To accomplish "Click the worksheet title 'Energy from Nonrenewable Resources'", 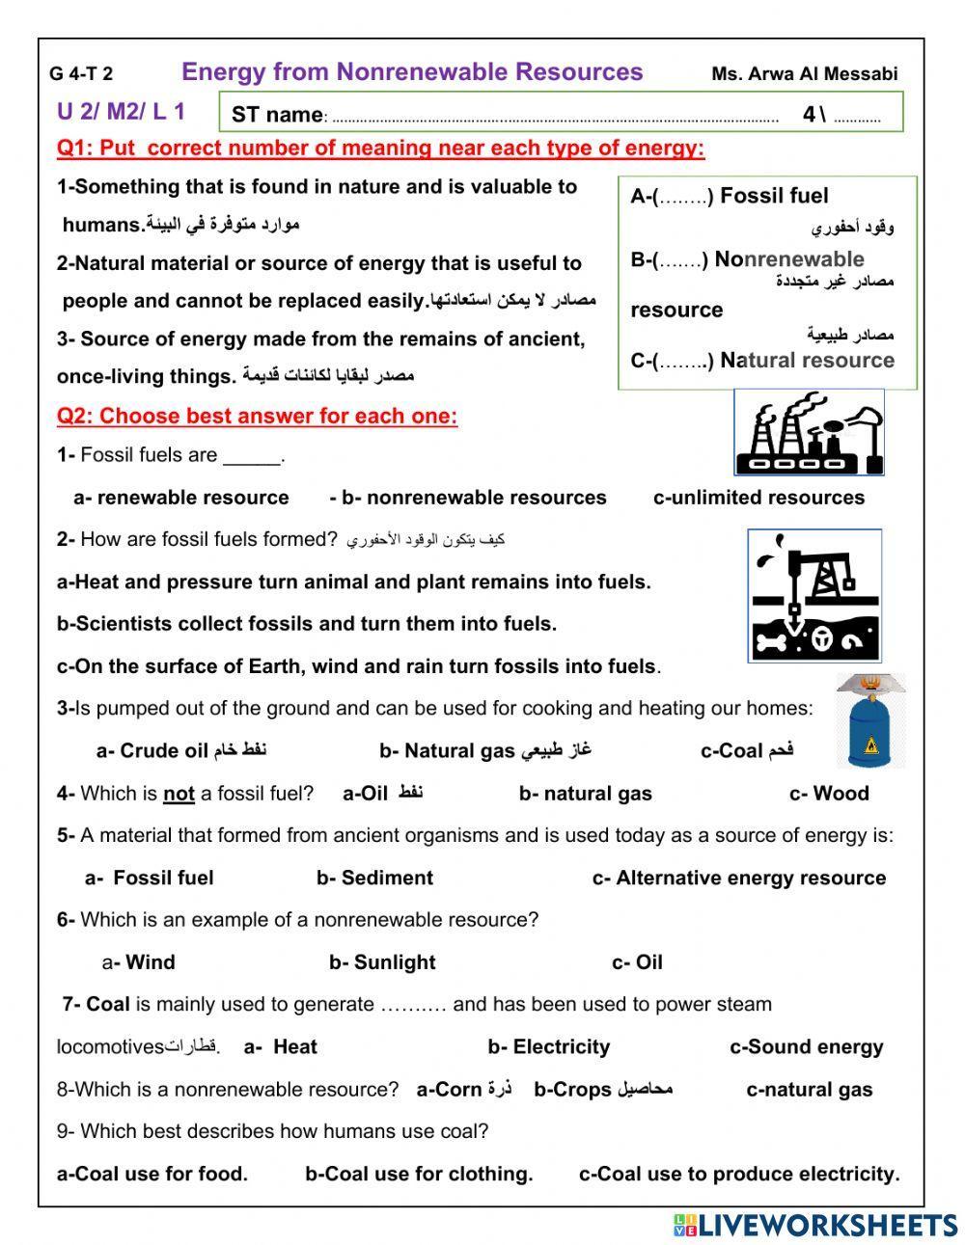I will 412,72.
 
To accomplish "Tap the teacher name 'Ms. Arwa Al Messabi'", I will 804,74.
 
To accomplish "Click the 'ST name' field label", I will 277,115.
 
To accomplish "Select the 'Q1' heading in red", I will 380,149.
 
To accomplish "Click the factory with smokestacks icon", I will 809,433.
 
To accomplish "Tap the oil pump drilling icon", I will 813,595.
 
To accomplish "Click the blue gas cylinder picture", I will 870,722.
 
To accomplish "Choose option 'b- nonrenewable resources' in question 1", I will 468,498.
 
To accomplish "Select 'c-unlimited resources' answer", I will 758,498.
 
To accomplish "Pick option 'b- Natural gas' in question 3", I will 485,750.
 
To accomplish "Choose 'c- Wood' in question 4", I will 829,794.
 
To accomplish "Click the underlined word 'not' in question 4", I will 179,794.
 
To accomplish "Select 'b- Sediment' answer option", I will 374,878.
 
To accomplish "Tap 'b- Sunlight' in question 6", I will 382,962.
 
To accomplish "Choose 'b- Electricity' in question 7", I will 548,1047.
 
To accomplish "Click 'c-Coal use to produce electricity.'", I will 739,1174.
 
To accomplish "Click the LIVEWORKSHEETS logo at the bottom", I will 815,1225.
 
